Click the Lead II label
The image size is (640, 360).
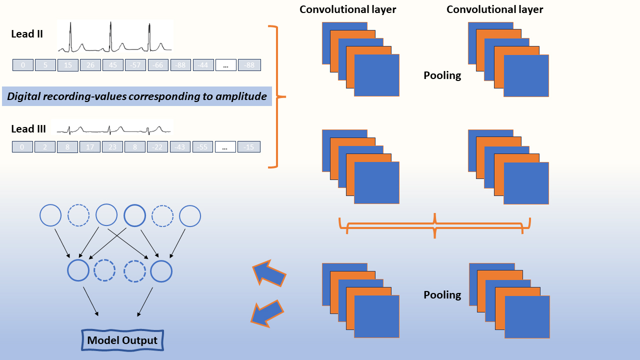(x=27, y=34)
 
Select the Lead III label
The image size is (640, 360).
(x=28, y=129)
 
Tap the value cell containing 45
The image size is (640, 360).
(x=112, y=65)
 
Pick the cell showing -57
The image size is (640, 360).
(x=135, y=65)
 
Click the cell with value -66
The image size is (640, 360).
(x=157, y=65)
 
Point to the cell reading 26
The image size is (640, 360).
(x=90, y=65)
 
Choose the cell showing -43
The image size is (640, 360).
(x=180, y=147)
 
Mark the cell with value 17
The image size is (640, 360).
(x=90, y=147)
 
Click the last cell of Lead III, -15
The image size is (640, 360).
(x=249, y=147)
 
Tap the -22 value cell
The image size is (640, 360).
(x=157, y=147)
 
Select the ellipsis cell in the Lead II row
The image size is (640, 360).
(x=226, y=65)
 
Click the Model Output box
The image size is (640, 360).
(x=122, y=341)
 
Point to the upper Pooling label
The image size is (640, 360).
(x=442, y=75)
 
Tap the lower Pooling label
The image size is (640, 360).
(x=442, y=294)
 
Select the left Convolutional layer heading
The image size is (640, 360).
(x=348, y=9)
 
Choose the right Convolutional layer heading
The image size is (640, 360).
(x=494, y=9)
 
